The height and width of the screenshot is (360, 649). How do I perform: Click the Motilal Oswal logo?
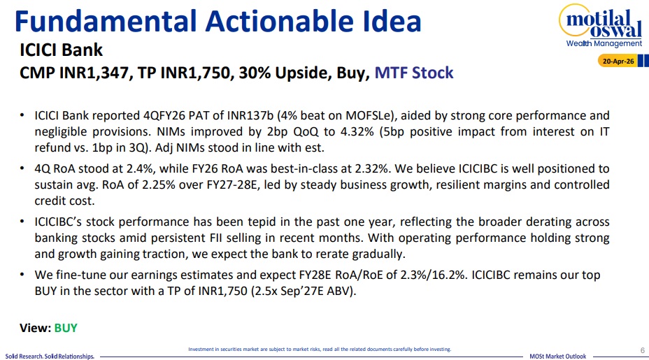pyautogui.click(x=601, y=26)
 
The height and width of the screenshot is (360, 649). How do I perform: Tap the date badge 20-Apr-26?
pyautogui.click(x=618, y=62)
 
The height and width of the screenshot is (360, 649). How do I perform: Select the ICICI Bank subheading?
pyautogui.click(x=61, y=50)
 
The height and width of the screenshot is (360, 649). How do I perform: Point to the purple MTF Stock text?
pyautogui.click(x=414, y=73)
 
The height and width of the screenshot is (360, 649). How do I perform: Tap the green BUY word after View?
pyautogui.click(x=66, y=328)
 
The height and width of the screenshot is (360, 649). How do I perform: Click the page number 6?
pyautogui.click(x=643, y=350)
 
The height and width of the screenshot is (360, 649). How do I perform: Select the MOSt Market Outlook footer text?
pyautogui.click(x=558, y=357)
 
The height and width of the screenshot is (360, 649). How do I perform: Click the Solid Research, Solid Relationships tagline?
pyautogui.click(x=50, y=357)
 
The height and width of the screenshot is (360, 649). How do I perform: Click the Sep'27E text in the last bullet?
pyautogui.click(x=302, y=291)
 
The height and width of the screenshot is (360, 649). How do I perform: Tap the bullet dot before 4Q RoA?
pyautogui.click(x=22, y=168)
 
